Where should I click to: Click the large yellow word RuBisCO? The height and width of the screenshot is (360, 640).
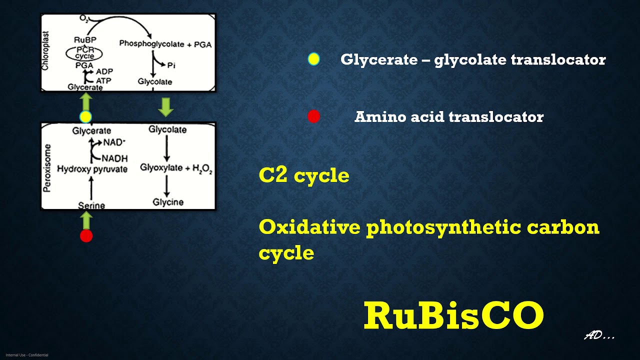click(453, 316)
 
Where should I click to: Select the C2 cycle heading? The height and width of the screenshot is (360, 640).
click(304, 175)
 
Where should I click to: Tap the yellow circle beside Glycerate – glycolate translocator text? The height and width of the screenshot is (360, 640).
click(313, 59)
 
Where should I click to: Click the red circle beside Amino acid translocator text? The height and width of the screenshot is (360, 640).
click(313, 116)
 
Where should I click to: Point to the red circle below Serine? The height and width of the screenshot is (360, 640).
click(86, 236)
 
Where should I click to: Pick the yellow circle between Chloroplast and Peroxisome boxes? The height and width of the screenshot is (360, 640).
click(85, 117)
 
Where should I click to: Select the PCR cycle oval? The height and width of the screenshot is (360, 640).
click(84, 53)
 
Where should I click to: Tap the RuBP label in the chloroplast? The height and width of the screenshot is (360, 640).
click(85, 40)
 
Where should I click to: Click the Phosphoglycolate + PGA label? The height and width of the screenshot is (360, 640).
click(165, 44)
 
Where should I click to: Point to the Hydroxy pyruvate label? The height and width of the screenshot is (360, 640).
click(92, 169)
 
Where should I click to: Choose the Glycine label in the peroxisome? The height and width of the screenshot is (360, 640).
click(168, 202)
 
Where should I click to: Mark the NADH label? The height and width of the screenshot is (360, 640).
click(114, 158)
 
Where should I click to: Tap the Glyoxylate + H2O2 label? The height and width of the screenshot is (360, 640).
click(176, 168)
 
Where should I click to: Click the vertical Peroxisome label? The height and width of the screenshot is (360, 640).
click(48, 167)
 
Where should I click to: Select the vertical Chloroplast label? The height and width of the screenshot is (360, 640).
click(45, 52)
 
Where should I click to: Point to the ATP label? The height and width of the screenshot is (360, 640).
click(104, 80)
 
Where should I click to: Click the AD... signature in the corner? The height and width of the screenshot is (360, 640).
click(599, 336)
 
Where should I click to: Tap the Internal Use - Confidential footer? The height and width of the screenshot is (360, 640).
click(27, 355)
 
